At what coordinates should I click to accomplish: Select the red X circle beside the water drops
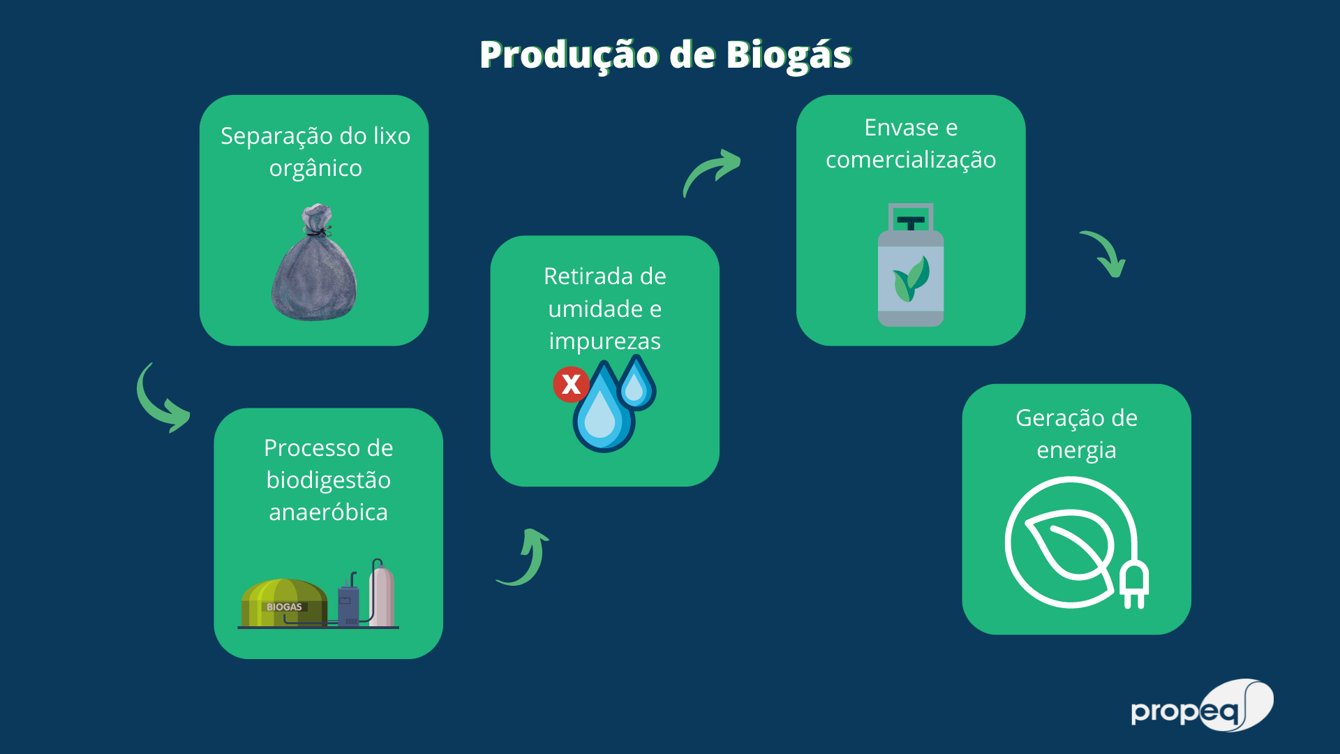[x=571, y=384]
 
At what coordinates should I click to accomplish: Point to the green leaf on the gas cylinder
[x=911, y=279]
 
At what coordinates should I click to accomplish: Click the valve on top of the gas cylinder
[x=911, y=219]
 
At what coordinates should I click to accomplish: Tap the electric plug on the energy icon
[x=1134, y=585]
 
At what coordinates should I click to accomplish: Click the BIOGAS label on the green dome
[x=284, y=607]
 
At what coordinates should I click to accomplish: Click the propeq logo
[x=1202, y=707]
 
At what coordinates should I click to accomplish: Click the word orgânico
[x=315, y=168]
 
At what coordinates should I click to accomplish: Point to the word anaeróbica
[x=328, y=512]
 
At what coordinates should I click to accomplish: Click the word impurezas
[x=604, y=341]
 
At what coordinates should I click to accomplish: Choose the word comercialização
[x=911, y=160]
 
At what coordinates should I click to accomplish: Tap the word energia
[x=1076, y=450]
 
